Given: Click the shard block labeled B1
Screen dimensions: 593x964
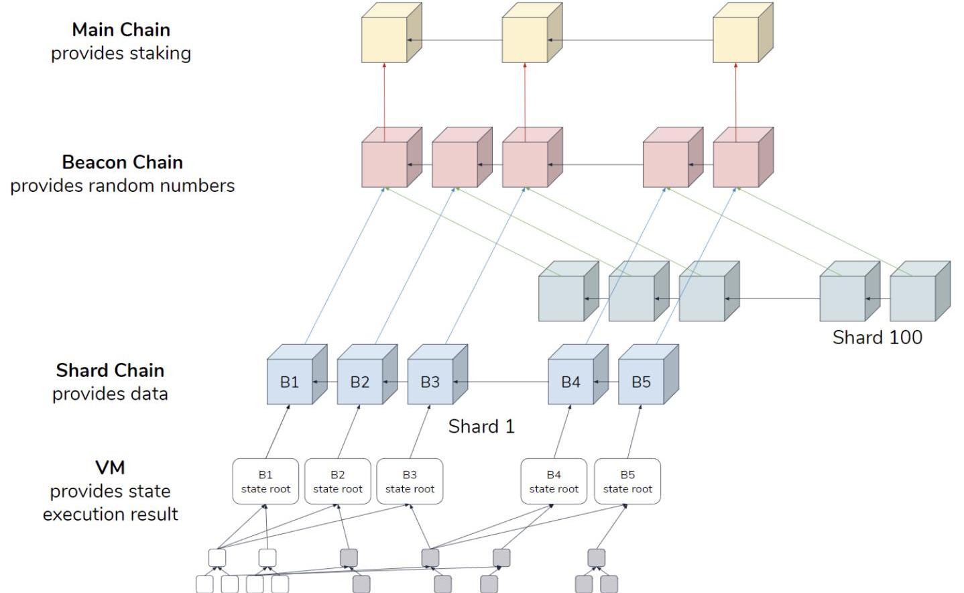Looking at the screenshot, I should click(290, 382).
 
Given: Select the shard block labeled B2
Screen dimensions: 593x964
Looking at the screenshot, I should click(360, 382).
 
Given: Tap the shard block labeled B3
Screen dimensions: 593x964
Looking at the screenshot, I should click(430, 382).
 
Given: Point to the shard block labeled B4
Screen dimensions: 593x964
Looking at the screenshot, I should click(570, 382).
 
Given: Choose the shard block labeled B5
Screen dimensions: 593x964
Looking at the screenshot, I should click(641, 382).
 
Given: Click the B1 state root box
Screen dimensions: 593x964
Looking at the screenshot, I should click(265, 482).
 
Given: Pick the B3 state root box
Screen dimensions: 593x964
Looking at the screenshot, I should click(410, 482).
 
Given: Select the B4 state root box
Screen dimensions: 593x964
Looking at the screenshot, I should click(554, 482).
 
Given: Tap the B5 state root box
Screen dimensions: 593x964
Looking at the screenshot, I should click(627, 482).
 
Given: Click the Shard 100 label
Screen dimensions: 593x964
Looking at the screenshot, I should click(877, 337).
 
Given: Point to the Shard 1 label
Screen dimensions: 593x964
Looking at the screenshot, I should click(481, 427).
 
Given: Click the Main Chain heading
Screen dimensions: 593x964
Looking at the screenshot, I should click(121, 30).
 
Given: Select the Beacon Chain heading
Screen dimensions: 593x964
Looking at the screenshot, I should click(122, 162).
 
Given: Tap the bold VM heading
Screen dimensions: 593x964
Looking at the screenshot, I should click(110, 468).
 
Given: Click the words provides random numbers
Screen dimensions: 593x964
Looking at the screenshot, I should click(122, 186).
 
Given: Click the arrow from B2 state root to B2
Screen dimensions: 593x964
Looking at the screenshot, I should click(348, 432).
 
